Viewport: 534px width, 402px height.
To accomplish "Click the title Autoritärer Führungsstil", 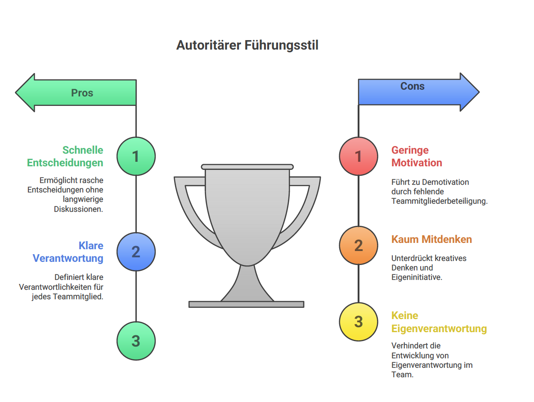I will pos(247,46).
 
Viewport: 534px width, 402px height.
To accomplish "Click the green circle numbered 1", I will pos(136,156).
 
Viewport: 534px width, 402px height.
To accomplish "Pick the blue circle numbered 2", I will pos(136,251).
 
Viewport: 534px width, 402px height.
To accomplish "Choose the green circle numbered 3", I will pos(136,341).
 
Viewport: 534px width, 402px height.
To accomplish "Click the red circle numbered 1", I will pos(359,156).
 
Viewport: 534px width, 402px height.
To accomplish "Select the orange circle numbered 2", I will pos(359,245).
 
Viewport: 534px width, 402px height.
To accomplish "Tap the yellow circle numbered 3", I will pos(359,321).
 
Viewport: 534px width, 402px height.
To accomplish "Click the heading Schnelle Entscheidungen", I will pos(65,156).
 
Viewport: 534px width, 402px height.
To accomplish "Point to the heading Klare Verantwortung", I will pos(68,252).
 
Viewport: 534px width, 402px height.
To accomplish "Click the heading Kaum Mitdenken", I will pos(431,239).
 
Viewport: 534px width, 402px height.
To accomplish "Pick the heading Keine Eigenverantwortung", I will pos(439,322).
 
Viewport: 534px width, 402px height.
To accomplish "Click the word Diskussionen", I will pos(79,209).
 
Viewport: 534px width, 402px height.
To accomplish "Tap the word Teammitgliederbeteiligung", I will pos(440,201).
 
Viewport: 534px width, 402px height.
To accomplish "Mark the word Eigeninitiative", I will pos(417,277).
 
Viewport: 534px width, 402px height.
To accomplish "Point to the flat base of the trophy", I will pos(246,304).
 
